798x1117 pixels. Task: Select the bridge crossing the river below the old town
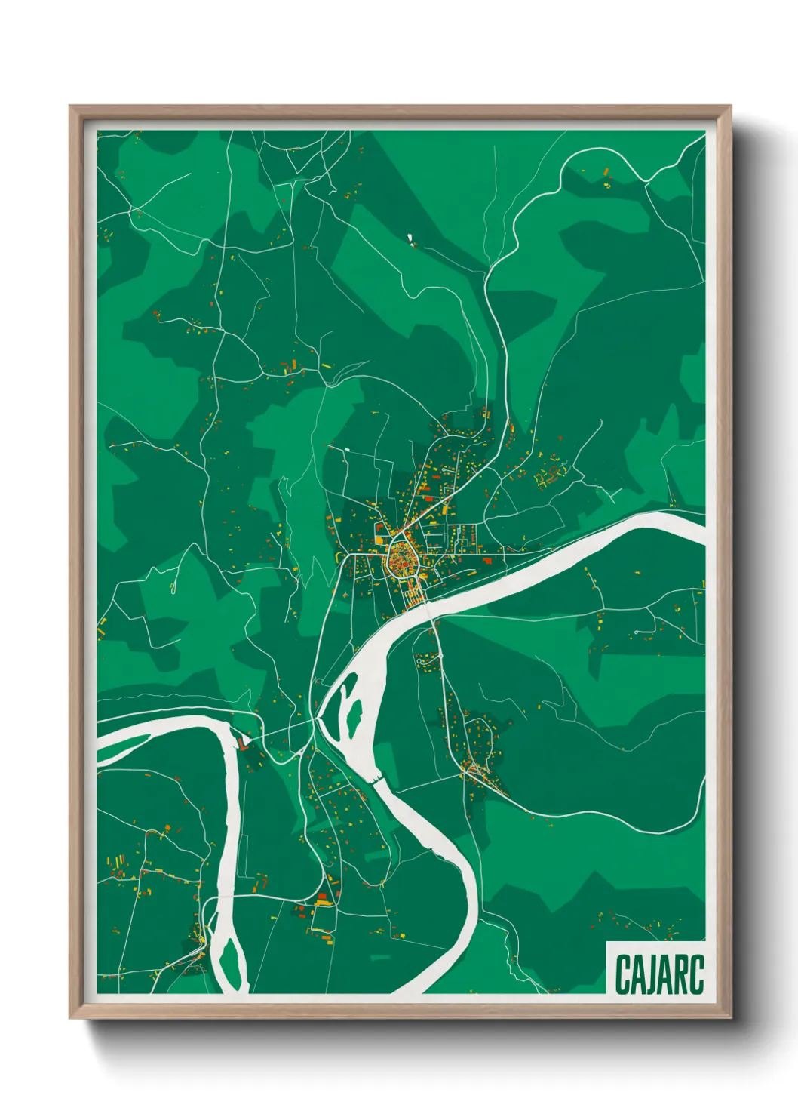coord(428,603)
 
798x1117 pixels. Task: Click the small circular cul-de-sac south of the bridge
coord(637,632)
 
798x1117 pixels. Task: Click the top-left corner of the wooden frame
coord(70,106)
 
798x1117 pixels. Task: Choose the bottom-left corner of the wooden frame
coord(70,1018)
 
